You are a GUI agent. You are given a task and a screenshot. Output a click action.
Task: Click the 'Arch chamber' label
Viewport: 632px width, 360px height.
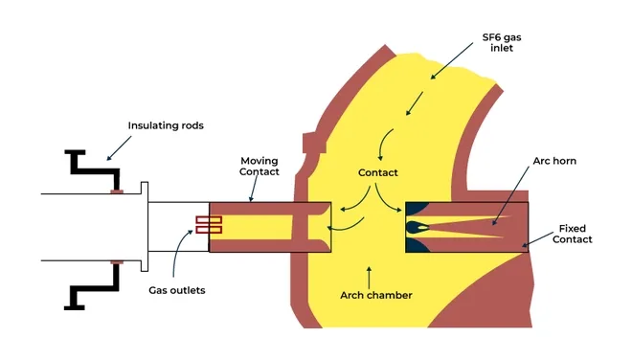(376, 295)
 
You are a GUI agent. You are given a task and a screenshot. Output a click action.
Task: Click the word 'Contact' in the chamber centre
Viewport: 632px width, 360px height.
(377, 173)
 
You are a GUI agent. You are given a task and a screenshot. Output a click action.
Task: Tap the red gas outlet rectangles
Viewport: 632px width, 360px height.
(209, 225)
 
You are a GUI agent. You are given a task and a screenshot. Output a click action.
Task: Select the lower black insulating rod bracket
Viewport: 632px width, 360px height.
(92, 287)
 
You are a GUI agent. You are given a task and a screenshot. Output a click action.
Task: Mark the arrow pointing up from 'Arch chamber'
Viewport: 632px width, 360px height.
(368, 270)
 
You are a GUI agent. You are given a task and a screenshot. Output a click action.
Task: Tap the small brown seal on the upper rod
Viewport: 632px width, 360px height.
(116, 191)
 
